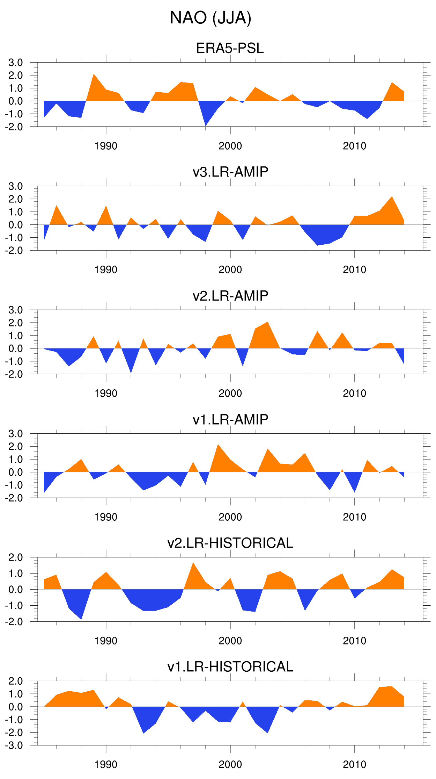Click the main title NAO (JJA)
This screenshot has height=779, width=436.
(210, 18)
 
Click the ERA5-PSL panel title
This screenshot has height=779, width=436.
(230, 48)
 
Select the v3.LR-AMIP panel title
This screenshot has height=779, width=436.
(230, 172)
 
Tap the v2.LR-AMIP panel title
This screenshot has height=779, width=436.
(230, 296)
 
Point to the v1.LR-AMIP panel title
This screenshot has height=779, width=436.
(230, 419)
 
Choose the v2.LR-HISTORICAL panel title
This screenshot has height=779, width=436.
(230, 543)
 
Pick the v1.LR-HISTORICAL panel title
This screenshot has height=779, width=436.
(230, 667)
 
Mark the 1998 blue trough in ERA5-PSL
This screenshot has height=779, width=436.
(206, 122)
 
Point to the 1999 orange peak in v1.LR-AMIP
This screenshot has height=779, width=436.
(218, 448)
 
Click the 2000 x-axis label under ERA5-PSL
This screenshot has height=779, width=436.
(230, 146)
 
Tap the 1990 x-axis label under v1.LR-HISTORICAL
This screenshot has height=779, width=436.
(106, 765)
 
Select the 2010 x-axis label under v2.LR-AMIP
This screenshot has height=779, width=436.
(354, 394)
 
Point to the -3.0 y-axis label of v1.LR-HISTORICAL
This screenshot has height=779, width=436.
(14, 745)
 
